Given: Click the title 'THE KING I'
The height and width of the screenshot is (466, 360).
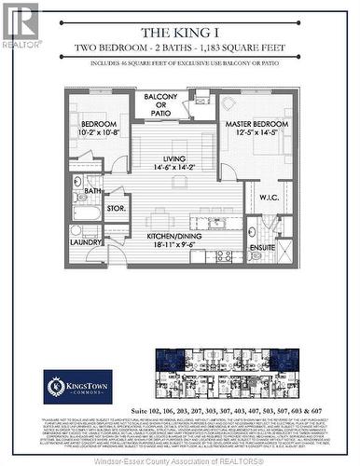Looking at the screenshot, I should click(180, 29).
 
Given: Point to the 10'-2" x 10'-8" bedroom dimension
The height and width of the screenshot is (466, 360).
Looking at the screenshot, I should click(99, 133).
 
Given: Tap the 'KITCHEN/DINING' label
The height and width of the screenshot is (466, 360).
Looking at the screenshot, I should click(176, 237).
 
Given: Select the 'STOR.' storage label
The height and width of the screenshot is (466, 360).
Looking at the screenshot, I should click(117, 208).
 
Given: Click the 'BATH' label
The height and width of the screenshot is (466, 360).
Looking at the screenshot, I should click(92, 191).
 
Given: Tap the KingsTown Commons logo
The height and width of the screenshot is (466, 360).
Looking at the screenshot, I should click(78, 386).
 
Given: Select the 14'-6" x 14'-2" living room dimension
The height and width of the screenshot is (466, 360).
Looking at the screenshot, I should click(176, 168).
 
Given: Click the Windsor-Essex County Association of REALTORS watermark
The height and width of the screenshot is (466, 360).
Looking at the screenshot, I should click(180, 459).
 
